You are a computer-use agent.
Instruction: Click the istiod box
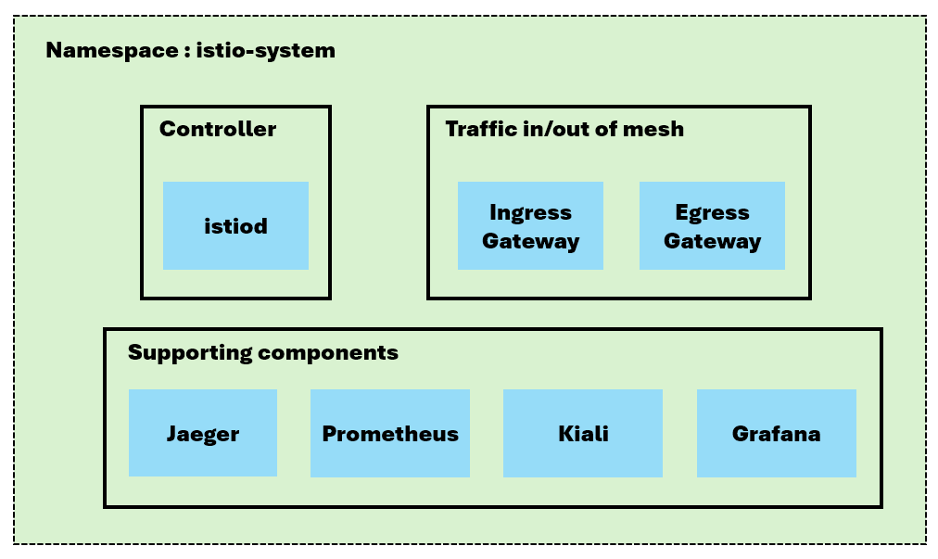pos(235,225)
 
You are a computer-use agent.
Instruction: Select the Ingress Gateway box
pos(530,225)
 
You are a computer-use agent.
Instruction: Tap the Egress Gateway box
pos(712,225)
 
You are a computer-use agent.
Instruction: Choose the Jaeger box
pos(202,433)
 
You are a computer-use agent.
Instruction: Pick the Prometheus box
pos(389,433)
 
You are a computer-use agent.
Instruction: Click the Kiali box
pos(582,433)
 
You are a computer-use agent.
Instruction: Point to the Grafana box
pos(776,433)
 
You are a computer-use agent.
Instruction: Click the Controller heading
pos(218,129)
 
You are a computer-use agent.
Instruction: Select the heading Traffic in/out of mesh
pos(564,129)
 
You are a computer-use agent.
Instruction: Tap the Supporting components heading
pos(263,352)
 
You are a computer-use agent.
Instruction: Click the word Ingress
pos(530,212)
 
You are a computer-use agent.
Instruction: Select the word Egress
pos(712,212)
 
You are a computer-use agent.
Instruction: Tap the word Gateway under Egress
pos(712,241)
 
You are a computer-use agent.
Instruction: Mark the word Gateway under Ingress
pos(530,241)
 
